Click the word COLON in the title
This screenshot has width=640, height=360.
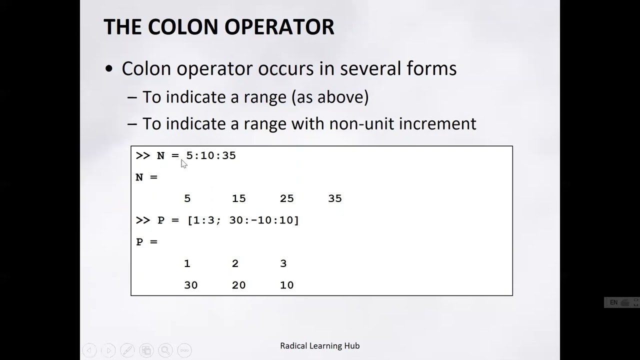178,27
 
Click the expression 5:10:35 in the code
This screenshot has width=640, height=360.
211,155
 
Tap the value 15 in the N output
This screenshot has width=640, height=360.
238,198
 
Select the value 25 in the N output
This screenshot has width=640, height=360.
286,198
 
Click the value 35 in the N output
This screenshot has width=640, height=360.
334,198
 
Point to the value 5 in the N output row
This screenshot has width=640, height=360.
187,198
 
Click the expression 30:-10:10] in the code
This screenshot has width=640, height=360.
263,220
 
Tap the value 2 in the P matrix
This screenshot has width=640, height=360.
235,263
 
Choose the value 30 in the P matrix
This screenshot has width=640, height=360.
190,285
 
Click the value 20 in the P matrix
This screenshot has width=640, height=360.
238,285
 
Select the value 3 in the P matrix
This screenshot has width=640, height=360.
283,263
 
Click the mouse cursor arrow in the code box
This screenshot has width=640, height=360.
183,164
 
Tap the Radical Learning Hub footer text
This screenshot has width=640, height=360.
319,345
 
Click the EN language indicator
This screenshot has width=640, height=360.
613,302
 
